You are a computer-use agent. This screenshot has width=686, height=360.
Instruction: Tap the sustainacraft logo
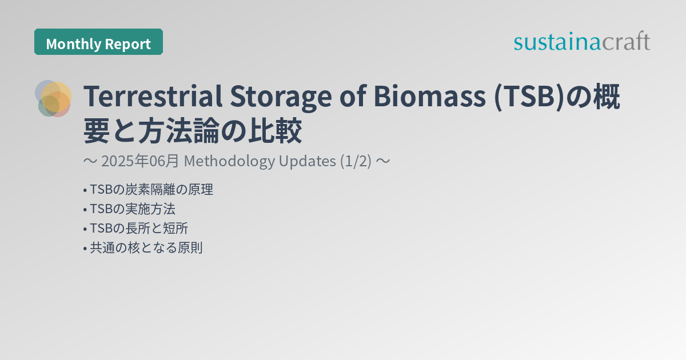coord(581,42)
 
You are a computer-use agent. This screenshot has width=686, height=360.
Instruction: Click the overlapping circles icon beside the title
coord(53,98)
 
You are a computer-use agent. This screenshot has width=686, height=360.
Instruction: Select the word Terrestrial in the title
coord(153,98)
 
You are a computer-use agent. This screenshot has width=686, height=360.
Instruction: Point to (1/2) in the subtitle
coord(356,162)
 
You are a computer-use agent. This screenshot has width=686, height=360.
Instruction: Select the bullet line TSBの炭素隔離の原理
coord(150,190)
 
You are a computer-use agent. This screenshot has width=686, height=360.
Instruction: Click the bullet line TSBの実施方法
coord(132,209)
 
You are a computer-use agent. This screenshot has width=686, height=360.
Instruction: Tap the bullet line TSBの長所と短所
coord(138,229)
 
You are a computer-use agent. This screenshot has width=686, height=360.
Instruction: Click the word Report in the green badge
coord(129,44)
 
